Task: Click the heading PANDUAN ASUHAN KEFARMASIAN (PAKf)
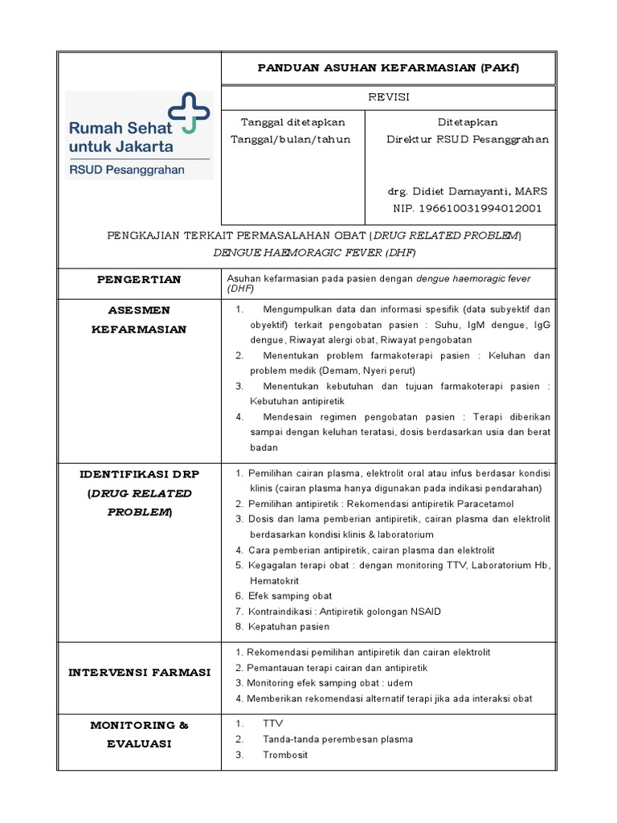(388, 68)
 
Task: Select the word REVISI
(388, 96)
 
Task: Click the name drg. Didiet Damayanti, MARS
(468, 191)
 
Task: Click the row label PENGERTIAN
(139, 280)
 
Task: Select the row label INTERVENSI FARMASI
(139, 672)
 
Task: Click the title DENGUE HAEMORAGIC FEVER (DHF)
(314, 252)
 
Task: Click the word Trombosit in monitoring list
(284, 755)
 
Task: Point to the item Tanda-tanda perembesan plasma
(337, 739)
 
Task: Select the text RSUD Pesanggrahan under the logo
(127, 170)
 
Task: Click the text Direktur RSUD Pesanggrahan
(468, 139)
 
